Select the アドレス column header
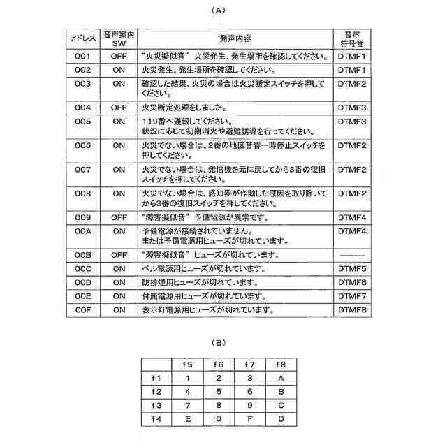coord(83,38)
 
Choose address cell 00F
coord(83,309)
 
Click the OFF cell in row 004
coord(119,108)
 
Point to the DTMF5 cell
coord(352,268)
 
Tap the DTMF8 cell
coord(352,309)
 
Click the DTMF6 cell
coord(352,282)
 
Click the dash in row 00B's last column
coord(352,255)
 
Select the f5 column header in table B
coord(188,365)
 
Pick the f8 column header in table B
coord(280,365)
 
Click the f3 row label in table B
coord(156,405)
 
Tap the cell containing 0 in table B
coord(219,419)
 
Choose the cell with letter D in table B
coord(280,419)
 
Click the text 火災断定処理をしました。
coord(183,108)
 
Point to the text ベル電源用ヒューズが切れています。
coord(203,268)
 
